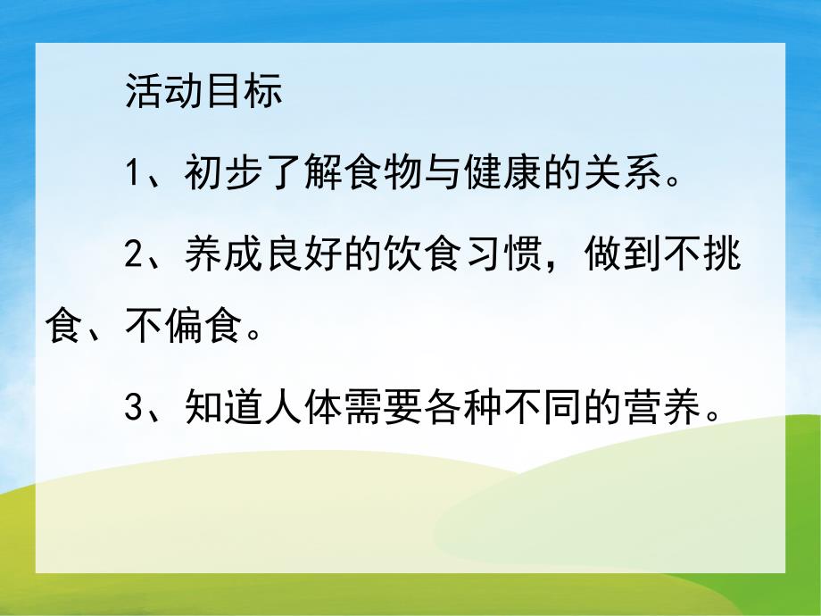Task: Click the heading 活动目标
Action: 203,92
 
